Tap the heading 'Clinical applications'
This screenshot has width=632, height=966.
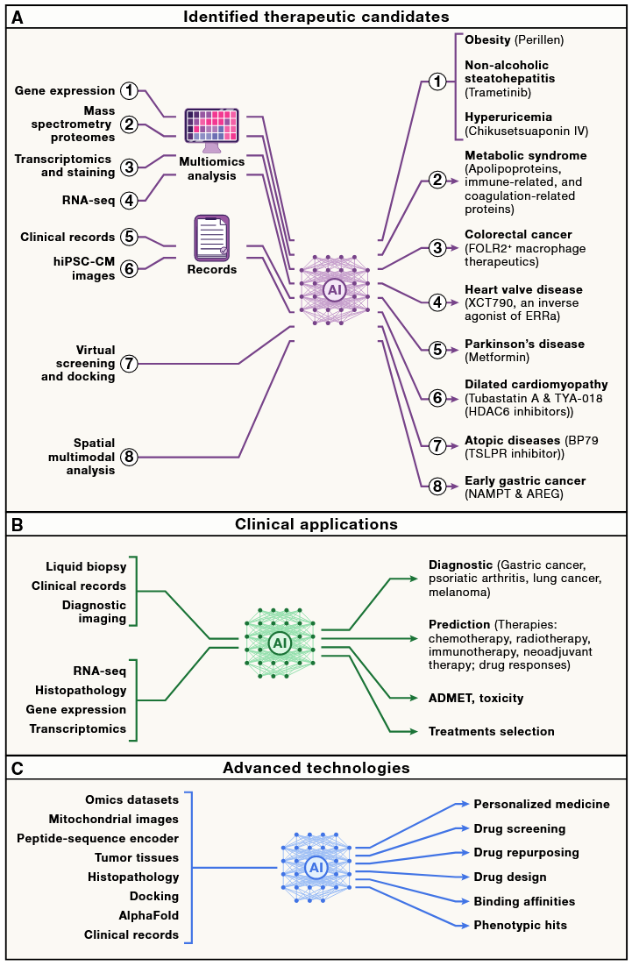[316, 525]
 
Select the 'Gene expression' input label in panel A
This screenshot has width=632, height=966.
[65, 91]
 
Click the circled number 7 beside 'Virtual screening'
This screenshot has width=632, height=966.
[129, 363]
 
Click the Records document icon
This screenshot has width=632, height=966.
[211, 237]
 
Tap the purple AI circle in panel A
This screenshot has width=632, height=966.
[334, 289]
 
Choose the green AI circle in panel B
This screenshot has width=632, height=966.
[280, 643]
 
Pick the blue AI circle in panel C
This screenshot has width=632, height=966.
[316, 868]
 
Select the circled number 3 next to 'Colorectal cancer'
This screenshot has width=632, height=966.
[437, 249]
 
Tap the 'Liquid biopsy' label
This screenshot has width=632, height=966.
[86, 567]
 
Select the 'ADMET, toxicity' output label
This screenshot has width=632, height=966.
[477, 698]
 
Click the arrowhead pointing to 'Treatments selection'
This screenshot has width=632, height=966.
[413, 731]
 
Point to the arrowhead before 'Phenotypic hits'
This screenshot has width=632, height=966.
[458, 925]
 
